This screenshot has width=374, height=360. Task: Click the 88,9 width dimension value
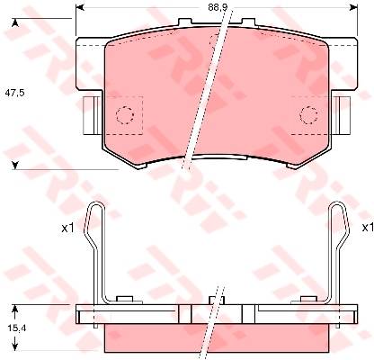[x=217, y=8]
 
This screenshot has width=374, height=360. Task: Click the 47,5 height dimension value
[x=14, y=93]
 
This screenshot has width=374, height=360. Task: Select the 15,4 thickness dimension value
[x=17, y=328]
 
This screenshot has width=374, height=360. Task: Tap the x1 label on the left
[x=67, y=229]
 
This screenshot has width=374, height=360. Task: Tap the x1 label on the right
[x=368, y=228]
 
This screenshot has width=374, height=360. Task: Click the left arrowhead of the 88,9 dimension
[x=79, y=8]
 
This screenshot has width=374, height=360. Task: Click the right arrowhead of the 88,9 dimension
[x=354, y=8]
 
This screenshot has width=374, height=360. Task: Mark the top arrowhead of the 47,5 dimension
[x=15, y=23]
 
